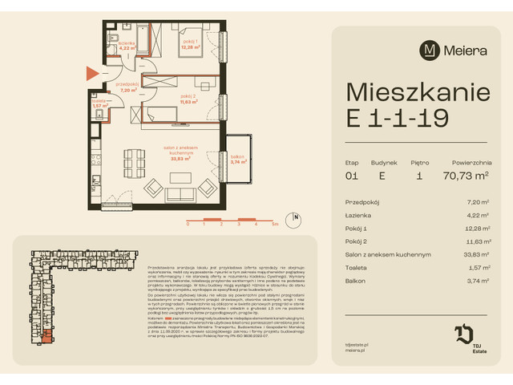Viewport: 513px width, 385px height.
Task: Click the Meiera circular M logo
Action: click(430, 50)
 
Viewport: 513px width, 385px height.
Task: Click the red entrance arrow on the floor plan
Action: click(91, 75)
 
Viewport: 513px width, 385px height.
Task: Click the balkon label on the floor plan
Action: click(236, 157)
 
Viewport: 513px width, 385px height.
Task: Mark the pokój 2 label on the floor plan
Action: click(189, 99)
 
